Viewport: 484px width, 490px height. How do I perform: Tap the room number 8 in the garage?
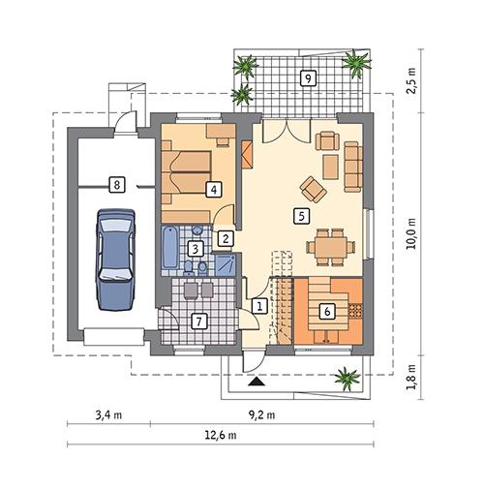tap(116, 183)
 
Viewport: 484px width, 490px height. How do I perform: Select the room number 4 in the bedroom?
tap(213, 189)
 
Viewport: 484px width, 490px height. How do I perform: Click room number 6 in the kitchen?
tap(327, 311)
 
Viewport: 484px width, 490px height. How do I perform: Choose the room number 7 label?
tap(198, 321)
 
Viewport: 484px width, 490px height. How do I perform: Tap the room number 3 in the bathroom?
tap(197, 249)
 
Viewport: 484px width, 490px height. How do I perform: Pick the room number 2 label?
tap(225, 237)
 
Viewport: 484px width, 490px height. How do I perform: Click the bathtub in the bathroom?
tap(171, 250)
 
